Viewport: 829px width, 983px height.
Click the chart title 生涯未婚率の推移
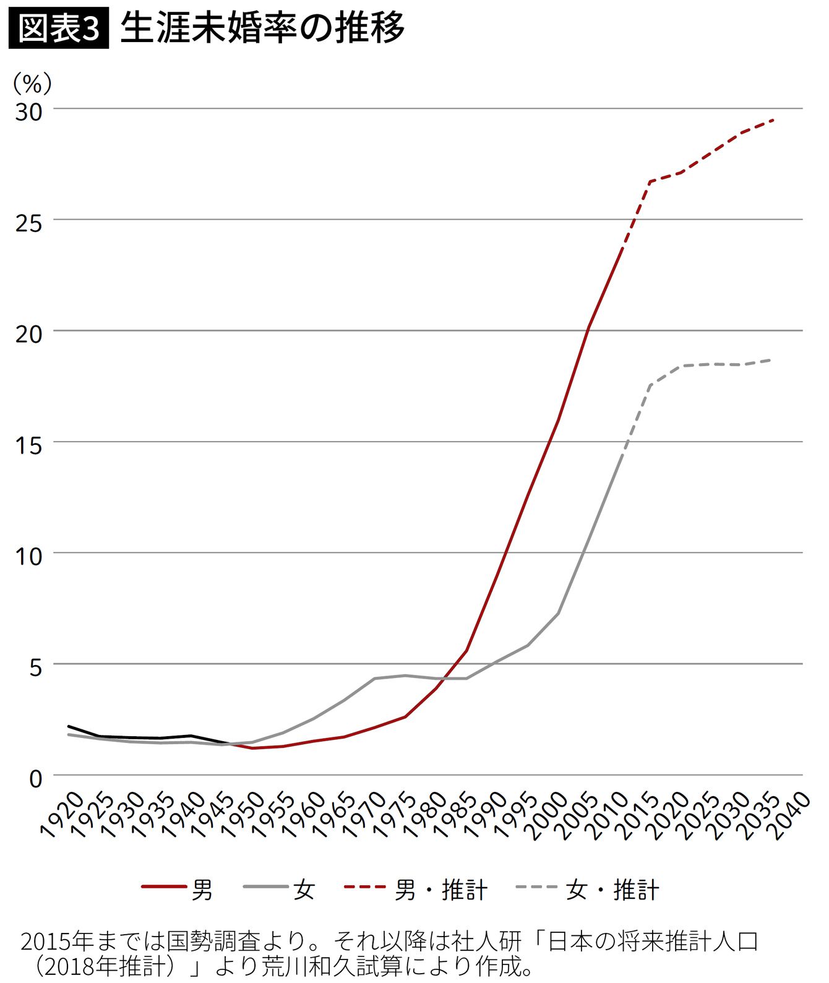coord(262,28)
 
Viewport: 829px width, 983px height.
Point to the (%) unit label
coord(32,82)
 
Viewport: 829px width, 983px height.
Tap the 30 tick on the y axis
coord(29,111)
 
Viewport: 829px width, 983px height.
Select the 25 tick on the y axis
coord(29,223)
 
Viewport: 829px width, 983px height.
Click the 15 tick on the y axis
coord(29,445)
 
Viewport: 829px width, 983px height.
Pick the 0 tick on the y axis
coord(36,778)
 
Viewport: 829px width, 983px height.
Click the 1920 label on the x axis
coord(62,815)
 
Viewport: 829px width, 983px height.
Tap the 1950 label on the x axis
coord(244,815)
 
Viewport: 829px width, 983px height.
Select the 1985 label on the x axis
coord(456,815)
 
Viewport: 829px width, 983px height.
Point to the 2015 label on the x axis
coord(638,815)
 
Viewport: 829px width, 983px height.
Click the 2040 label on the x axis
coord(789,815)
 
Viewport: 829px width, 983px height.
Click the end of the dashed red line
coord(773,120)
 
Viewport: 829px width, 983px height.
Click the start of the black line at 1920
coord(69,726)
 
